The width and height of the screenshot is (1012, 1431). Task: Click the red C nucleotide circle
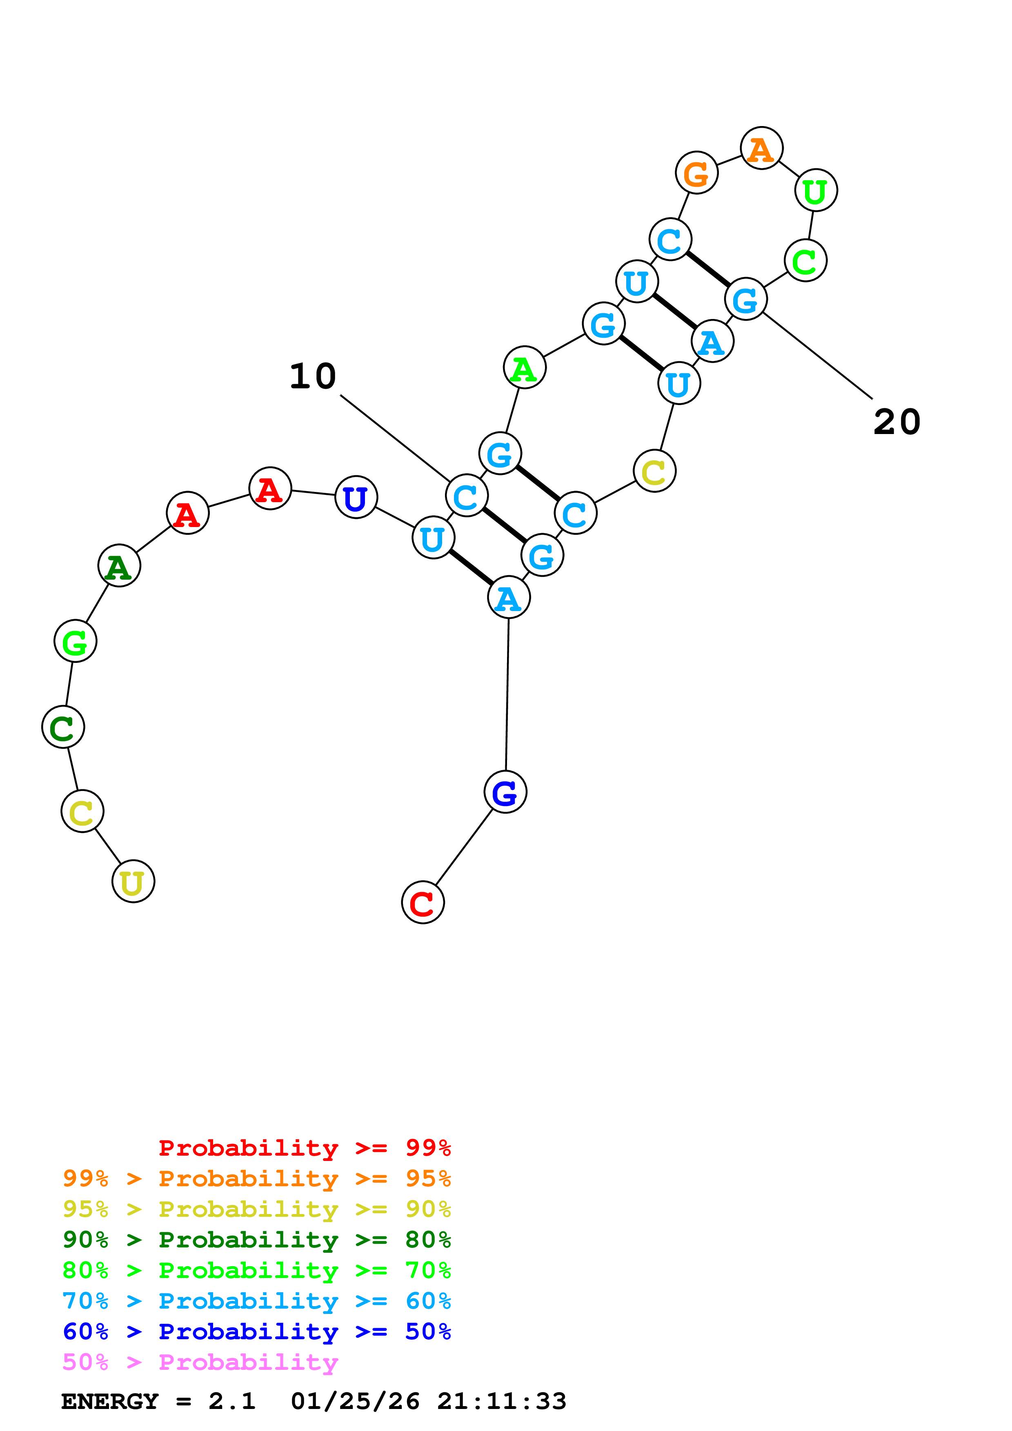(423, 902)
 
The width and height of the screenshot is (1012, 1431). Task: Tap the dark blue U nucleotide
(356, 497)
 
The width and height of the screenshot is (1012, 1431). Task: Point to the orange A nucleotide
(761, 148)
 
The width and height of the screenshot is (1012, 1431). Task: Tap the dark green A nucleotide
(119, 565)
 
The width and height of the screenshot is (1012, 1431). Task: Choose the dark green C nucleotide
(63, 727)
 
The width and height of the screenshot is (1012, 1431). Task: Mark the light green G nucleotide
(76, 641)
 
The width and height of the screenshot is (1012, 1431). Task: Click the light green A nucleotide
(525, 368)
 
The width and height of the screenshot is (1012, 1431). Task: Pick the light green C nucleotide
(805, 261)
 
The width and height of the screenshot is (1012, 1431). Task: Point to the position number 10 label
(313, 377)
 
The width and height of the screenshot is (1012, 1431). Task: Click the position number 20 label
(896, 422)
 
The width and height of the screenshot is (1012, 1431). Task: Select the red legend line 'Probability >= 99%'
(304, 1148)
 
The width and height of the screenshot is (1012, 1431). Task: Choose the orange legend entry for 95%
(256, 1178)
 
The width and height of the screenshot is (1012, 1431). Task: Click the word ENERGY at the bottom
(110, 1401)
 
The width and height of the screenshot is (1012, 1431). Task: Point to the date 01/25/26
(355, 1401)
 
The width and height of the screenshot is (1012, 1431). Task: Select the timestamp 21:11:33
(501, 1401)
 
